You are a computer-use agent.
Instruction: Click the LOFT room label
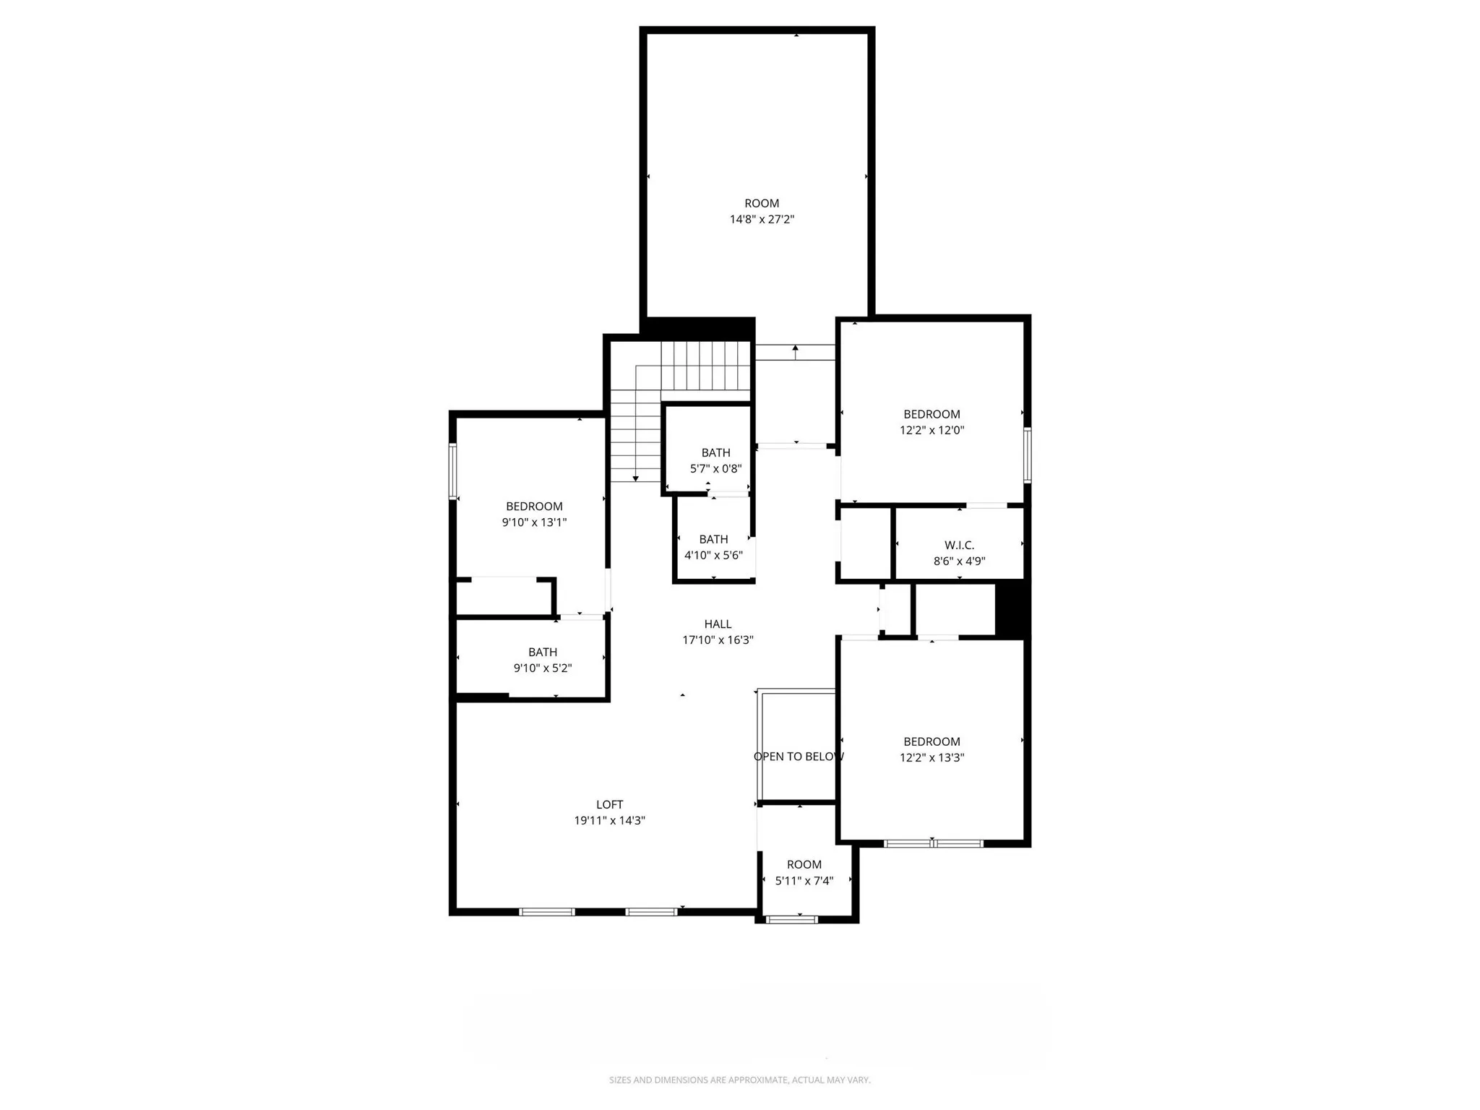[609, 804]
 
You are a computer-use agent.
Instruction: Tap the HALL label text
[718, 624]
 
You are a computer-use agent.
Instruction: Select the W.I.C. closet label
[959, 545]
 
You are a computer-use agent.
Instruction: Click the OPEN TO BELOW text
[799, 756]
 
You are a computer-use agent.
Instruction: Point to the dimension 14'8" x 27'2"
[762, 219]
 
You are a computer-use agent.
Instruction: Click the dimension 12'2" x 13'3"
[932, 757]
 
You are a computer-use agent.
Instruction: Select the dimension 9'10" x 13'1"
[534, 522]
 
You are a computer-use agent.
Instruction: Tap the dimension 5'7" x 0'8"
[715, 468]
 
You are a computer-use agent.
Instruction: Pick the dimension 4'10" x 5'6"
[713, 555]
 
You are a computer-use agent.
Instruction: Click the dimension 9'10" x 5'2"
[542, 668]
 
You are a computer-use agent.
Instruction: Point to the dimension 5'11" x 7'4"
[804, 880]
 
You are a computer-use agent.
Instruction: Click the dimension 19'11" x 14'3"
[609, 820]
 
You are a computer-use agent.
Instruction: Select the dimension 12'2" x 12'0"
[932, 430]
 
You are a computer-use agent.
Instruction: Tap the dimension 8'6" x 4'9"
[959, 561]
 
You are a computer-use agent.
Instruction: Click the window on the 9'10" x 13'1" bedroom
[453, 471]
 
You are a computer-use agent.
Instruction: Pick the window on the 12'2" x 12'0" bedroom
[1027, 455]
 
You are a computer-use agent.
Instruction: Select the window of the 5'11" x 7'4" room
[791, 919]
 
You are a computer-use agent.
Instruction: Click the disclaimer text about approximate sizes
[739, 1080]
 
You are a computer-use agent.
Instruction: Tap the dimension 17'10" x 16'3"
[718, 640]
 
